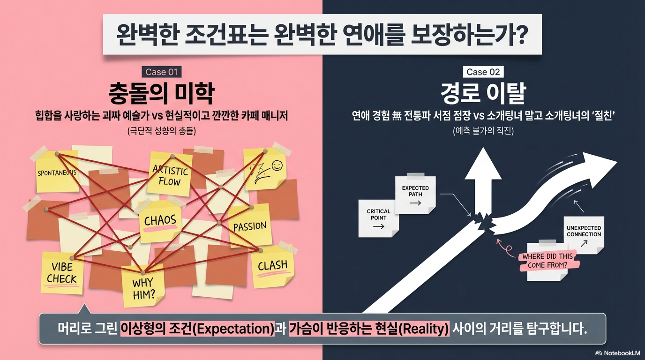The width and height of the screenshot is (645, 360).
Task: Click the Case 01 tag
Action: click(161, 72)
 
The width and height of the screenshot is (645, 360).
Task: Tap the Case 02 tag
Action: click(483, 72)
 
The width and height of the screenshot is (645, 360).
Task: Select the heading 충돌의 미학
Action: click(161, 94)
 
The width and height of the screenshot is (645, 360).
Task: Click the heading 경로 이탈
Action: click(483, 94)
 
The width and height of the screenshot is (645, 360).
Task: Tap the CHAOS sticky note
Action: click(160, 221)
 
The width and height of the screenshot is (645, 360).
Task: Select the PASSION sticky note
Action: click(249, 227)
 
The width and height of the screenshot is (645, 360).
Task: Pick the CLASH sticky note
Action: click(272, 266)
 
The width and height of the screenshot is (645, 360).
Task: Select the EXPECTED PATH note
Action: click(415, 195)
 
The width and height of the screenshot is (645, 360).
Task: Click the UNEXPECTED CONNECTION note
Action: click(584, 234)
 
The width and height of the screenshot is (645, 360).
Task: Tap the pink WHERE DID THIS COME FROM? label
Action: click(547, 261)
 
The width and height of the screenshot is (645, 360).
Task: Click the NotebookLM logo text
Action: click(622, 353)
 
